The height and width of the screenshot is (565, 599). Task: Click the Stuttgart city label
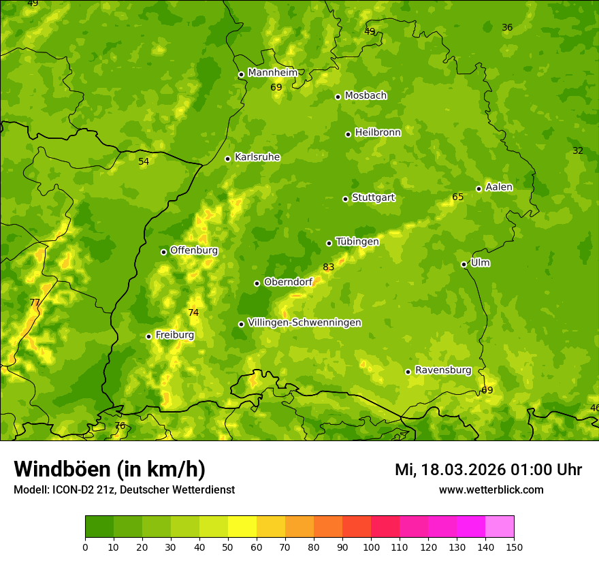[x=373, y=198]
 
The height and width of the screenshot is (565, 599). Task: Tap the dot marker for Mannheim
[x=241, y=75]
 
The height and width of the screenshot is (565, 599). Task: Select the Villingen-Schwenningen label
[x=304, y=323]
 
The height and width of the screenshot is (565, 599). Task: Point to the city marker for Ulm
[x=464, y=264]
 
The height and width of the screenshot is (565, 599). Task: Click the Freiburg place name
[x=174, y=335]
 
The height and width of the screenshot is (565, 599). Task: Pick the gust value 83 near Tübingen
[x=329, y=268]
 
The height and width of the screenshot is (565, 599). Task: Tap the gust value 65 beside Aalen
[x=458, y=197]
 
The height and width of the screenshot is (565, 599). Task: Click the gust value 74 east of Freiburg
[x=193, y=313]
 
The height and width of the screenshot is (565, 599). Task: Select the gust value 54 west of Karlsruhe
[x=144, y=162]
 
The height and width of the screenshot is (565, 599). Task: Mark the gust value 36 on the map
[x=507, y=28]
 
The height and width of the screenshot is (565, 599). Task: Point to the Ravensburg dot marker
[x=408, y=372]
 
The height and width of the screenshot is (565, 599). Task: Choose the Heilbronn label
[x=378, y=133]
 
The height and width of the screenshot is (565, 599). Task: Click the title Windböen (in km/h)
[x=110, y=469]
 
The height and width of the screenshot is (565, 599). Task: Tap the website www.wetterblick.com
[x=491, y=490]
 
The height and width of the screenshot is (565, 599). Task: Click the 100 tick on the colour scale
[x=371, y=547]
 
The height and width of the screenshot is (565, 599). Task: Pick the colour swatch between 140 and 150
[x=500, y=527]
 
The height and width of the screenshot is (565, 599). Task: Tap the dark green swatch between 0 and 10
[x=99, y=527]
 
